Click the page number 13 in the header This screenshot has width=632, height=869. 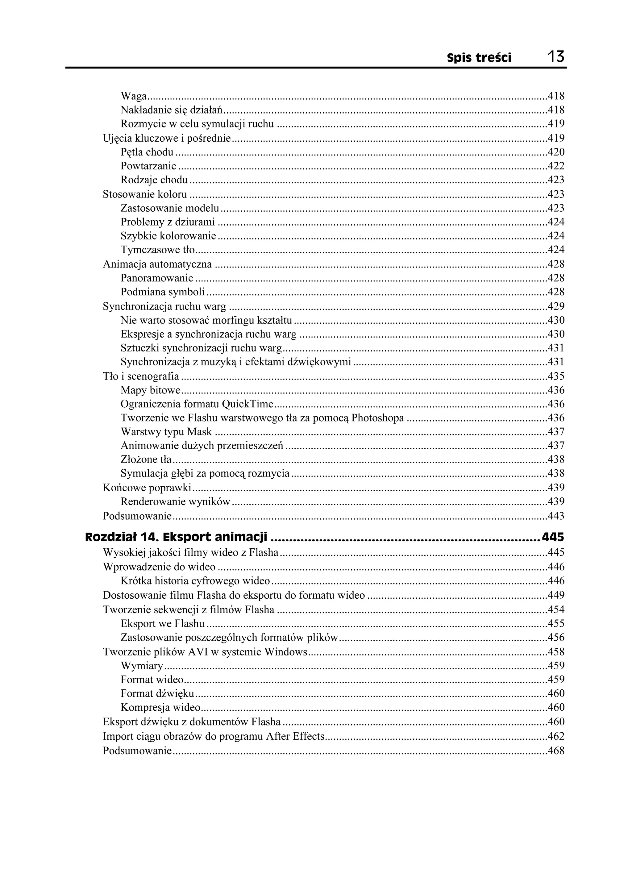[555, 57]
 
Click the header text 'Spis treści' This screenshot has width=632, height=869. [479, 58]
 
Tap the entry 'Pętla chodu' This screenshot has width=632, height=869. [147, 152]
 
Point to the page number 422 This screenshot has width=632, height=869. [556, 166]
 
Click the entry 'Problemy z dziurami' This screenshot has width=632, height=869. [168, 222]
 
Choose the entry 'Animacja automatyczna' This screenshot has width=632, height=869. [157, 264]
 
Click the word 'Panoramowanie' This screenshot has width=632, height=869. [157, 278]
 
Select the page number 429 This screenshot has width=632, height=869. [556, 306]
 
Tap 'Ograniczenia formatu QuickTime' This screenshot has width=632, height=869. [197, 404]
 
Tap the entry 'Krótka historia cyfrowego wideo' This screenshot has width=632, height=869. [195, 581]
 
